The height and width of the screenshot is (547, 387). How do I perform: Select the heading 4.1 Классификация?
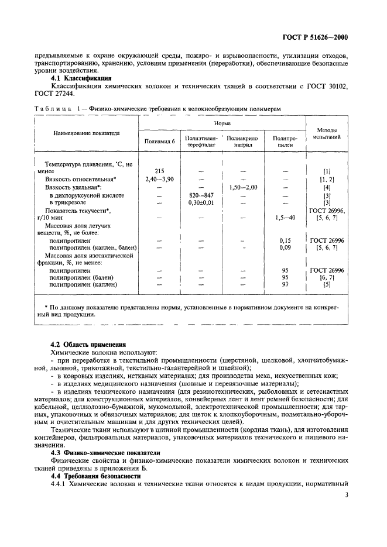81,78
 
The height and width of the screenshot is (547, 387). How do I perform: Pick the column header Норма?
222,124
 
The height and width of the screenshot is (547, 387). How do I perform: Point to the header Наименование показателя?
87,133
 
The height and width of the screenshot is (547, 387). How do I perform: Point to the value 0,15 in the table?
285,240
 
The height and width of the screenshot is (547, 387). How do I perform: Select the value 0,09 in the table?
285,248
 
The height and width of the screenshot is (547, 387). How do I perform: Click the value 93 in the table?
285,285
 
